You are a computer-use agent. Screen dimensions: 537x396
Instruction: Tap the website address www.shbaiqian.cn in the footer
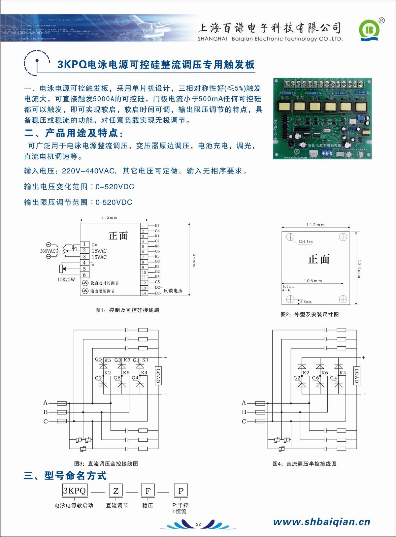(x=322, y=521)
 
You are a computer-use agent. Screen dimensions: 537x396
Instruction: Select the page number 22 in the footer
(x=198, y=524)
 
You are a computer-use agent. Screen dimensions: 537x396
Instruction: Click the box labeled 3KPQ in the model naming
(x=75, y=490)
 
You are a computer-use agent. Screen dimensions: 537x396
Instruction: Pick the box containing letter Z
(x=116, y=491)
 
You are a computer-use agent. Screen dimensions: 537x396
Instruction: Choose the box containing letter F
(x=148, y=491)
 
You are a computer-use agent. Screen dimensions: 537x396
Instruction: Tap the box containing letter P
(x=181, y=491)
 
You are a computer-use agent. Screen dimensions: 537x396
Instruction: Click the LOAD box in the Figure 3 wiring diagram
(x=158, y=376)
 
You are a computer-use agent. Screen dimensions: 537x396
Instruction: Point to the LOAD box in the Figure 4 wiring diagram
(x=356, y=376)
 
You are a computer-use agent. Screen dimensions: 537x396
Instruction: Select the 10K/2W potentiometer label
(x=66, y=280)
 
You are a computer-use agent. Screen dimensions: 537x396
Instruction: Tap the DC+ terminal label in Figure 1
(x=158, y=287)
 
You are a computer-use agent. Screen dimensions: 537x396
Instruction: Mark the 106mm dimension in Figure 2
(x=313, y=281)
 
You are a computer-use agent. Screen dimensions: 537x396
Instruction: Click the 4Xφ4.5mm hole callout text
(x=306, y=242)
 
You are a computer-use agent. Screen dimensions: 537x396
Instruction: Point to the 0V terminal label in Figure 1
(x=95, y=244)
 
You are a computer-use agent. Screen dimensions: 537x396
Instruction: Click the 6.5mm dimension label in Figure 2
(x=288, y=287)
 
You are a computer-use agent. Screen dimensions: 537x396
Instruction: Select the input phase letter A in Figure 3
(x=46, y=402)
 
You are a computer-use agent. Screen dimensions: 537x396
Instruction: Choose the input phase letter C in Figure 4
(x=244, y=421)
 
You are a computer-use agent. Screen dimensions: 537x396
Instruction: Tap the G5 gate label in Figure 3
(x=98, y=359)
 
